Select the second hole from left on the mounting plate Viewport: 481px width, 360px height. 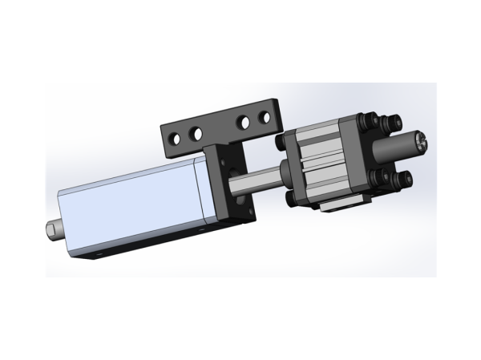click(x=194, y=130)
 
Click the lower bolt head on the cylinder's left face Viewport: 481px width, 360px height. click(x=285, y=195)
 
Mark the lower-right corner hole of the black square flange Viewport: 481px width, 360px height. click(x=250, y=212)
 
